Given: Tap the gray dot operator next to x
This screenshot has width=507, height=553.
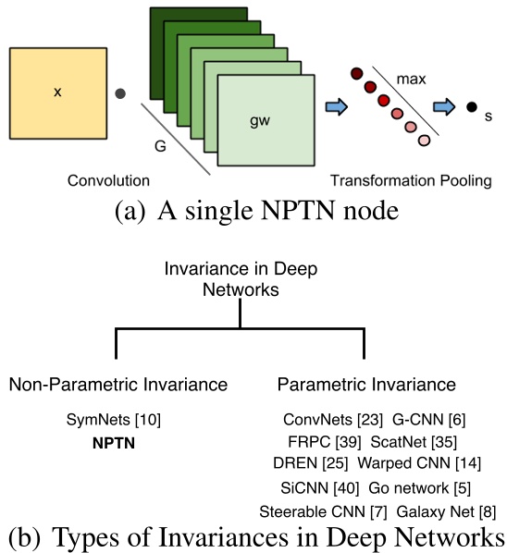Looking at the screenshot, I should tap(118, 92).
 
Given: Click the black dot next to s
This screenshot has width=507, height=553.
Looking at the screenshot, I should tap(471, 107).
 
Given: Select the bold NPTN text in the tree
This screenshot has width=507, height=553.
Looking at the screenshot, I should tap(114, 442).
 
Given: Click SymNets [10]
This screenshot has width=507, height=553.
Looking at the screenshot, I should tap(115, 420).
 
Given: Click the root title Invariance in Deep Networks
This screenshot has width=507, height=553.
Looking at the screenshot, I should tap(240, 277).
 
